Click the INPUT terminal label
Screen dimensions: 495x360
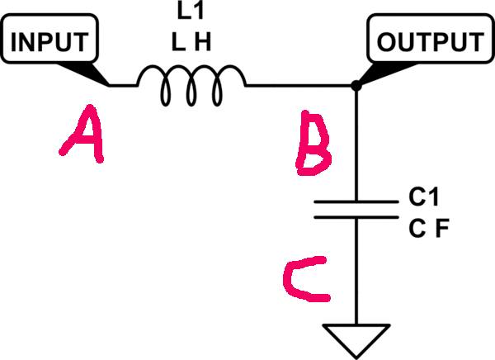click(x=49, y=42)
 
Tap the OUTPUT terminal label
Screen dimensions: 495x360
click(x=431, y=42)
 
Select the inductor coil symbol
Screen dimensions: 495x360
click(x=191, y=85)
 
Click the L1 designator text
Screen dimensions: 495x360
click(x=191, y=12)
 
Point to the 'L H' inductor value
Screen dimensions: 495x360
click(x=191, y=42)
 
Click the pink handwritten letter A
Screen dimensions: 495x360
click(x=82, y=134)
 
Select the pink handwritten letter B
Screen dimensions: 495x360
click(x=313, y=143)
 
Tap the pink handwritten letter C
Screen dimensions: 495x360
click(x=305, y=279)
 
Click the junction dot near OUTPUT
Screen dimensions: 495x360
click(x=356, y=85)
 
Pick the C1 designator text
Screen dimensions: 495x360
click(x=424, y=197)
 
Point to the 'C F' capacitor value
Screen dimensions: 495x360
click(x=429, y=229)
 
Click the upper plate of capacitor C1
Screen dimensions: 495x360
click(x=356, y=201)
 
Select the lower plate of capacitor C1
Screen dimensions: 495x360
click(x=356, y=217)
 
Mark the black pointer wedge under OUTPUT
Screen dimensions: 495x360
click(x=387, y=73)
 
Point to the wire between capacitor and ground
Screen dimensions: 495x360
click(x=356, y=271)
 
